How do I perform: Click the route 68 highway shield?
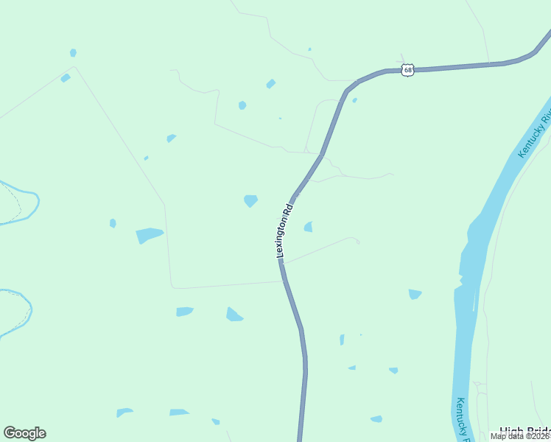[408, 70]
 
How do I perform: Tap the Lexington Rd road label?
[284, 231]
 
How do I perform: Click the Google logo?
[24, 433]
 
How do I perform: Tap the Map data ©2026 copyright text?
[520, 436]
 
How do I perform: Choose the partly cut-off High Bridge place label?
[524, 432]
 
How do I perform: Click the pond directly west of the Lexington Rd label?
[250, 200]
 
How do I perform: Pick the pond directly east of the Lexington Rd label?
[308, 227]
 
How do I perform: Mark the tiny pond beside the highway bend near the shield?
[354, 100]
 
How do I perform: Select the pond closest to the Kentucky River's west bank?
[415, 294]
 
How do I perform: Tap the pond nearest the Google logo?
[124, 413]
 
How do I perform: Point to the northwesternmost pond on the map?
[73, 52]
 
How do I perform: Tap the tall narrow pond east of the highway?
[342, 340]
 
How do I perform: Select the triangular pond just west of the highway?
[234, 315]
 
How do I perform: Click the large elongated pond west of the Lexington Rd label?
[149, 235]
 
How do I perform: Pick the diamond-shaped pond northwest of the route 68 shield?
[271, 83]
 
